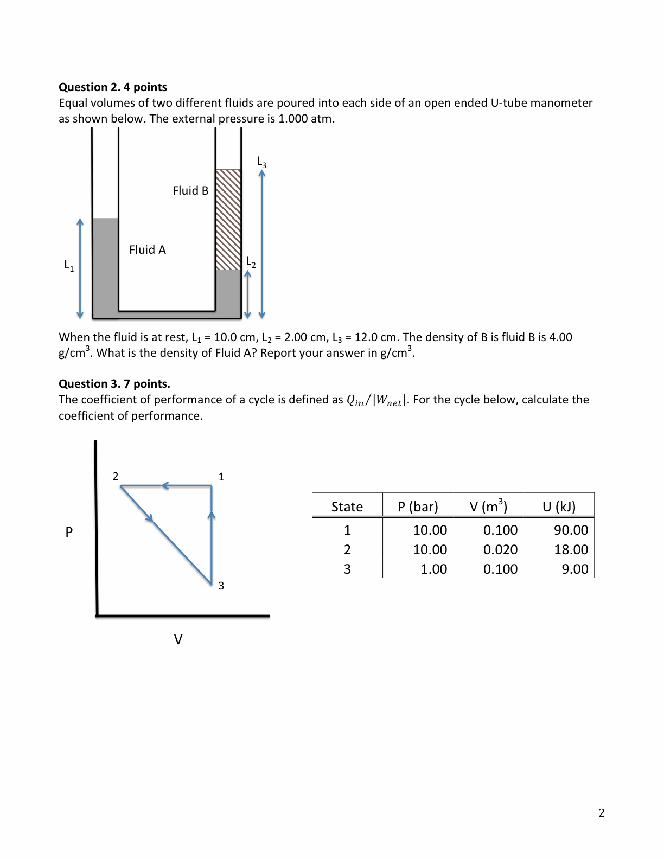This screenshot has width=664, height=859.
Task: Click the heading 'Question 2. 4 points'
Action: coord(113,87)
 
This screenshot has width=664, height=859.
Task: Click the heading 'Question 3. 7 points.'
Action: coord(114,384)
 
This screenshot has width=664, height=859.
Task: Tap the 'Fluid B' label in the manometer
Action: coord(190,191)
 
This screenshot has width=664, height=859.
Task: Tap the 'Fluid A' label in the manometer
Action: coord(148,250)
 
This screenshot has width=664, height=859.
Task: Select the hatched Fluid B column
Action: coord(228,220)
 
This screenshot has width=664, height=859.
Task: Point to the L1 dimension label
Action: coord(69,266)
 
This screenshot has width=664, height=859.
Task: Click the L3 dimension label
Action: coord(261,162)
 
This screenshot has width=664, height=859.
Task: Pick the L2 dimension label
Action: coord(251,262)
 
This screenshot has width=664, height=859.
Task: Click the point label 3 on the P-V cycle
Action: coord(221,586)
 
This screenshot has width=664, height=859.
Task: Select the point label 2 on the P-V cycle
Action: coord(116,476)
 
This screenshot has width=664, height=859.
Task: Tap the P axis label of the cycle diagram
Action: coord(69,532)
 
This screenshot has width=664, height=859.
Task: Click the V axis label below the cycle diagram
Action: coord(178,639)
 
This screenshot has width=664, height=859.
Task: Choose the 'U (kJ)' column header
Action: coord(559,507)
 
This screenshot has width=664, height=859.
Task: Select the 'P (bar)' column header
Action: coord(418,507)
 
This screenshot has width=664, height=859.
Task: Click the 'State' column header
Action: coord(347,507)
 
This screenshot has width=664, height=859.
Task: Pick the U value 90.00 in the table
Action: coord(571,530)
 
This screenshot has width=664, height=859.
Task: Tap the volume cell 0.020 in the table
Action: coord(500,550)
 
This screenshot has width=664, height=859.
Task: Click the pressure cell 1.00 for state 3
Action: coord(433,569)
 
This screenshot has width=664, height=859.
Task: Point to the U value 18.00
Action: coord(571,550)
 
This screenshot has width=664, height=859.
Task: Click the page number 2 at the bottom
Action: coord(601,813)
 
